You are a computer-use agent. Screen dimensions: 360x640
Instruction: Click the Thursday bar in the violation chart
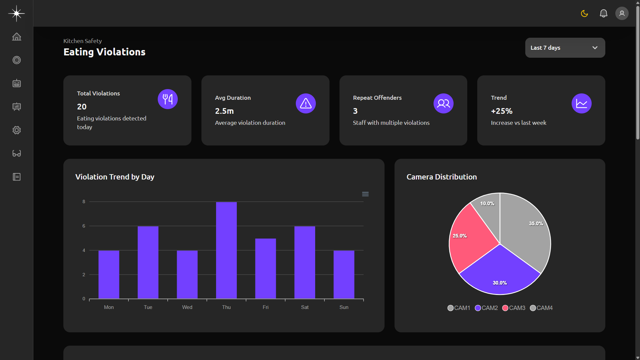coord(226,250)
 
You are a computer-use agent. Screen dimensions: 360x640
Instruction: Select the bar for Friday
coord(265,268)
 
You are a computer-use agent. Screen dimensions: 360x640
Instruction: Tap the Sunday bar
coord(344,274)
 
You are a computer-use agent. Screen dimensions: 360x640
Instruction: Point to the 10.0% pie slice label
coord(487,204)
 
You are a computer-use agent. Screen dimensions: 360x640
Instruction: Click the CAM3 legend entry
coord(514,308)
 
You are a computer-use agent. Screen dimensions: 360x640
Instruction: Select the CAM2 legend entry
coord(486,308)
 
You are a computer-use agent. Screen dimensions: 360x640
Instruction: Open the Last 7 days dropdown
coord(565,48)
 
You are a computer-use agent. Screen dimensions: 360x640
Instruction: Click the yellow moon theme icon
coord(584,14)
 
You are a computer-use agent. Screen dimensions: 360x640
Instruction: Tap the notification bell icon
coord(603,14)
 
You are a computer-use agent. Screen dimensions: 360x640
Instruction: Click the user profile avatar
coord(622,14)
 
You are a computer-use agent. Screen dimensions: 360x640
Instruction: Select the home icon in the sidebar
coord(17,37)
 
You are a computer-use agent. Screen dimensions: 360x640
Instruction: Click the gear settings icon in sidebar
coord(17,130)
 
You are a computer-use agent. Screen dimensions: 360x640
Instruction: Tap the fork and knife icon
coord(168,99)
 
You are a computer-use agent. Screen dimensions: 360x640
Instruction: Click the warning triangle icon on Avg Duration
coord(305,103)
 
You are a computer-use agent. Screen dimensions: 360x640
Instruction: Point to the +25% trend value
coord(502,111)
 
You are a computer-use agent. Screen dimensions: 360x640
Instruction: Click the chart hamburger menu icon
coord(365,194)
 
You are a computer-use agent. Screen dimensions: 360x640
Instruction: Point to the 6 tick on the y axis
coord(84,226)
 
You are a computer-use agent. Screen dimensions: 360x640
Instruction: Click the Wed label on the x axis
coord(187,307)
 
